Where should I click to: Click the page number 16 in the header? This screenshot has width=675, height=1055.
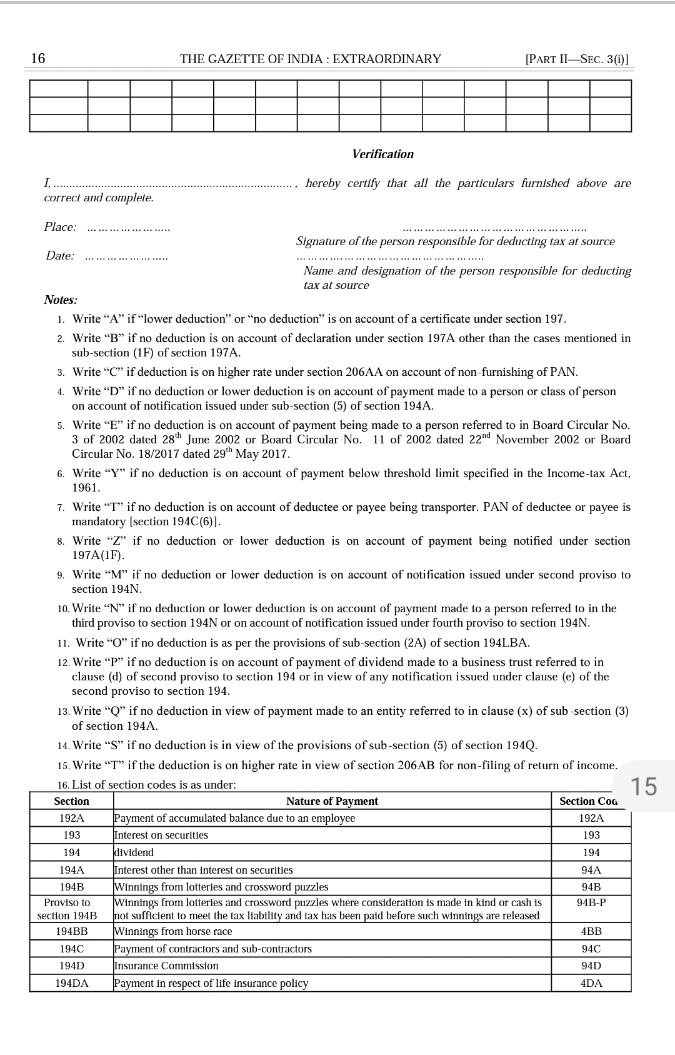click(x=38, y=59)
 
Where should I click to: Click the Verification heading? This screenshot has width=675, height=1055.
click(x=382, y=154)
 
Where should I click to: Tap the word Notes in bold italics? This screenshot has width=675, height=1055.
click(x=60, y=300)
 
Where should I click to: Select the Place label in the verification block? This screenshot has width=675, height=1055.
click(x=60, y=227)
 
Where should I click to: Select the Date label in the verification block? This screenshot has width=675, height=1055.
click(x=60, y=256)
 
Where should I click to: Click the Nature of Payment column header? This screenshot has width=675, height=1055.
click(x=332, y=802)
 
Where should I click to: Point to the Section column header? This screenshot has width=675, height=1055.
click(x=71, y=802)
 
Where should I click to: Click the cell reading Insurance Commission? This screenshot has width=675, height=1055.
click(x=166, y=966)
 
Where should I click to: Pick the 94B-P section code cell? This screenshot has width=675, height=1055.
click(x=591, y=903)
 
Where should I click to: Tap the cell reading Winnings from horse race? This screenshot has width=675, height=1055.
click(x=173, y=932)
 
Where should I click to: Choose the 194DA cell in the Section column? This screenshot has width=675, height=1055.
click(x=71, y=984)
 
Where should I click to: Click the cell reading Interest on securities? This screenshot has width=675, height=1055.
click(x=161, y=835)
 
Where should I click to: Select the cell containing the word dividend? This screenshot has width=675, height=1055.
click(x=134, y=853)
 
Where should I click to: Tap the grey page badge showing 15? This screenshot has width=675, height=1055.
click(x=643, y=787)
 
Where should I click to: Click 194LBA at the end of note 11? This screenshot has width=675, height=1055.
click(x=506, y=643)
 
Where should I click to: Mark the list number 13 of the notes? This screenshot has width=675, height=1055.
click(x=62, y=712)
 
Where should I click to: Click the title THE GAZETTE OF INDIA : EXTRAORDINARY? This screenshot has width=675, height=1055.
click(x=311, y=59)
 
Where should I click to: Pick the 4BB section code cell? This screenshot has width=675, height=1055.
click(x=591, y=932)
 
